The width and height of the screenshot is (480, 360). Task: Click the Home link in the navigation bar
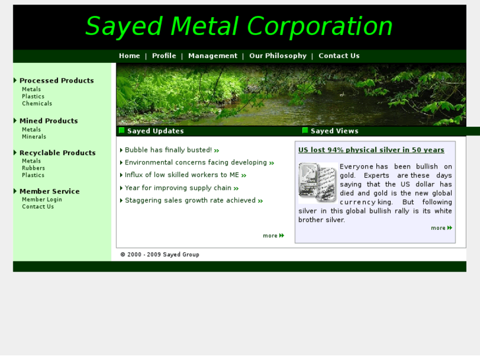point(129,56)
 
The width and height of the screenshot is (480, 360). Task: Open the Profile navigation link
point(164,56)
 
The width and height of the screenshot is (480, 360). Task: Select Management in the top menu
point(213,56)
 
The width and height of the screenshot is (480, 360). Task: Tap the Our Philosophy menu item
point(278,56)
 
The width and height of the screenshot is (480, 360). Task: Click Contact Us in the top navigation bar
point(339,56)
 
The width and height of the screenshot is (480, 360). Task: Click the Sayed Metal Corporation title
point(239,27)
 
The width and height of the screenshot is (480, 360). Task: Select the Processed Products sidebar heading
point(57,81)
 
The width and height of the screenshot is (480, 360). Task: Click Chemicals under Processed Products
point(37,104)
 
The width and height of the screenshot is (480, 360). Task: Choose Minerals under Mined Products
point(34,137)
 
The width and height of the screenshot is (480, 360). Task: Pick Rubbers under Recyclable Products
point(34,168)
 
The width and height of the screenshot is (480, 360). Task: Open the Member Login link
point(42,199)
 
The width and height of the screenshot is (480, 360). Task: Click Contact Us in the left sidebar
point(38,207)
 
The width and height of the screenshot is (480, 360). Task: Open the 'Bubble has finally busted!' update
point(168,150)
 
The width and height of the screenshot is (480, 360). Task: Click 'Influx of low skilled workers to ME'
point(182,175)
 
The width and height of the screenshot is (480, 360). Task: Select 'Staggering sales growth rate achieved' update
point(190,201)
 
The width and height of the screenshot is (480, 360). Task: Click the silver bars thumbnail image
point(318,182)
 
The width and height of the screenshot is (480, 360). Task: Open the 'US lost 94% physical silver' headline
point(371,150)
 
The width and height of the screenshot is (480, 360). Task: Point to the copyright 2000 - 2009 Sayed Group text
point(160,254)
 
